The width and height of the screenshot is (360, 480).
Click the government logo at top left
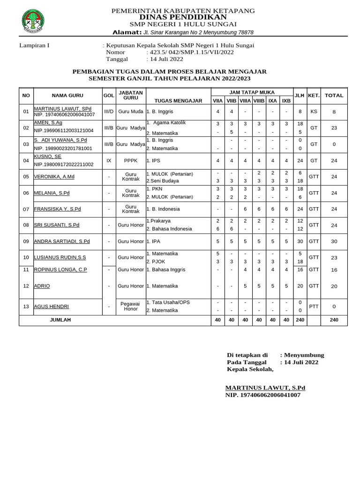(x=33, y=22)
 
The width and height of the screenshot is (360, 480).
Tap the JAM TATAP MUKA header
(x=252, y=92)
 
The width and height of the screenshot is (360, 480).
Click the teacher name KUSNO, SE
(x=48, y=157)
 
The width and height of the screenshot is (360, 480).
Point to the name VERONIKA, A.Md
(x=54, y=177)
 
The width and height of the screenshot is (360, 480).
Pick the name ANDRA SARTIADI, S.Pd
(x=62, y=241)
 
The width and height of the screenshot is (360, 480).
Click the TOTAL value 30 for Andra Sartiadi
(x=334, y=241)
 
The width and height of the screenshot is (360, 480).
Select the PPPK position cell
(x=131, y=160)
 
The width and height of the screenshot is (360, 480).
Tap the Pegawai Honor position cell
(x=131, y=306)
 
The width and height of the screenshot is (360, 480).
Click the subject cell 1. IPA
(x=154, y=241)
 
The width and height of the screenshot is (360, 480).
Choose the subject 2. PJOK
(x=156, y=261)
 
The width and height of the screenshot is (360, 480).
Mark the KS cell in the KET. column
(x=314, y=112)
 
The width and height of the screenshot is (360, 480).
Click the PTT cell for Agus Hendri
(x=314, y=306)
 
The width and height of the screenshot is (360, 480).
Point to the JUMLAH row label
(x=60, y=320)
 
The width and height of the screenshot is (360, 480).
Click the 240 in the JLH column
(x=300, y=320)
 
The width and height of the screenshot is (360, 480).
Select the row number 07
(x=26, y=209)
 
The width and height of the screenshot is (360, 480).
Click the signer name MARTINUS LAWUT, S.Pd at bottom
(x=265, y=388)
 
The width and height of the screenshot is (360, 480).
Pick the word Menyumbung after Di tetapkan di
(x=304, y=355)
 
